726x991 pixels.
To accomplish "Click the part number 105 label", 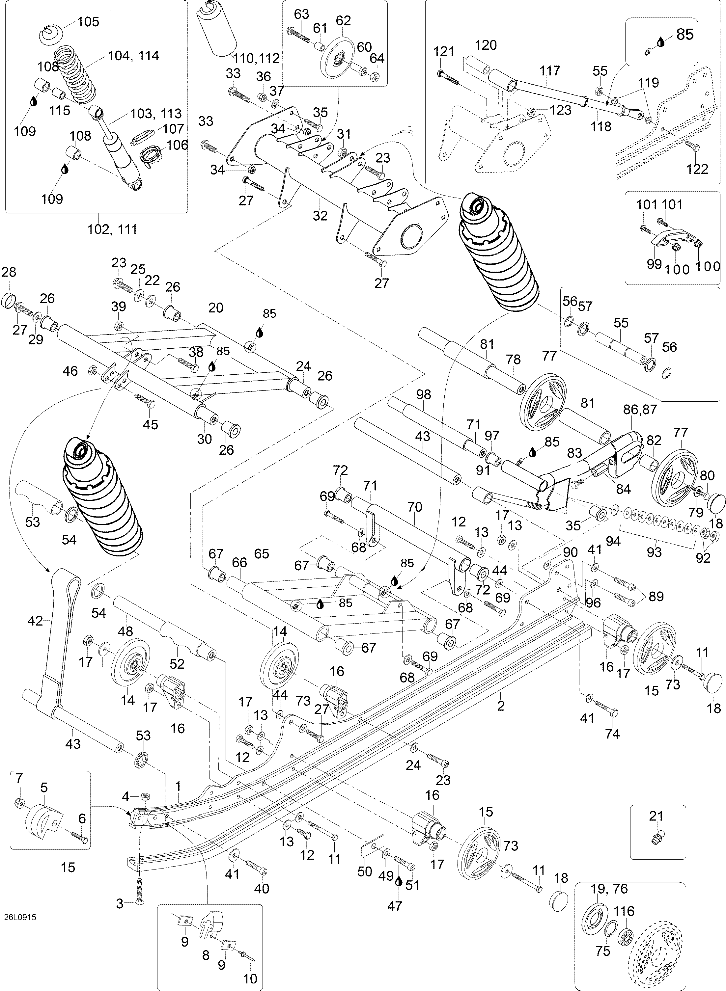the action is pos(88,21).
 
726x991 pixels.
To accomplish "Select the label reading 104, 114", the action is pos(134,56).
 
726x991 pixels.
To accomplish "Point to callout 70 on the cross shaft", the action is pos(414,507).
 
